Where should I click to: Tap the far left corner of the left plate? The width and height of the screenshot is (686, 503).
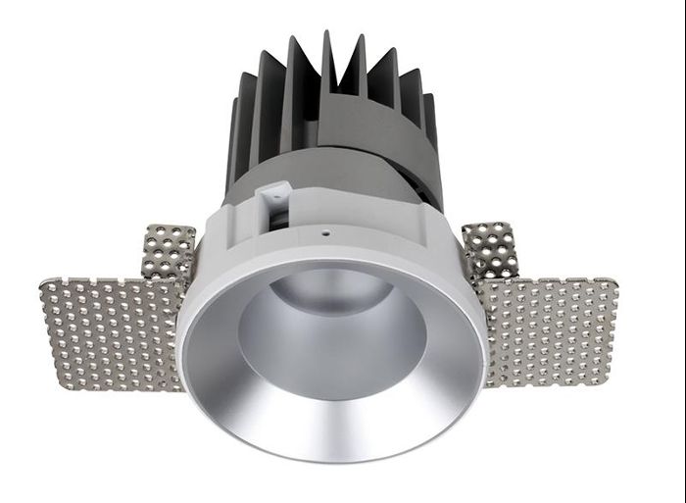pyautogui.click(x=41, y=286)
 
